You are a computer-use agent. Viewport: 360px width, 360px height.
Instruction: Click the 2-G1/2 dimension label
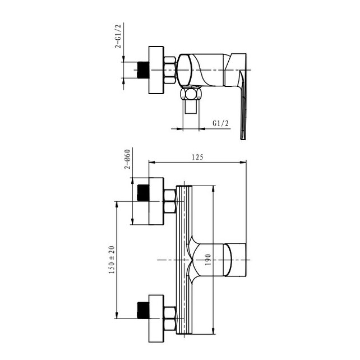[118, 36]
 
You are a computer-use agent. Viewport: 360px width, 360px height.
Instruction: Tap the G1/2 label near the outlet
[220, 123]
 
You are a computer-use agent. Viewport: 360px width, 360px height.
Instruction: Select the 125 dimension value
[197, 157]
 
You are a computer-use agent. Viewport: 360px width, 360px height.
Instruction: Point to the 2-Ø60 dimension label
[127, 159]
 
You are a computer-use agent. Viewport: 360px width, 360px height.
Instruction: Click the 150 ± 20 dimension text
[112, 260]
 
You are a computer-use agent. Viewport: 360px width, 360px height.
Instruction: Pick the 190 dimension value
[207, 260]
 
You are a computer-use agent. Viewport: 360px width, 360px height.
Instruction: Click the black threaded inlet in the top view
[143, 70]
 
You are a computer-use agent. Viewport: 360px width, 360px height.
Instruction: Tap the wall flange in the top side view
[156, 70]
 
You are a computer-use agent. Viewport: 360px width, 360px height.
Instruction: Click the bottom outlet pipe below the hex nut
[191, 107]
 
